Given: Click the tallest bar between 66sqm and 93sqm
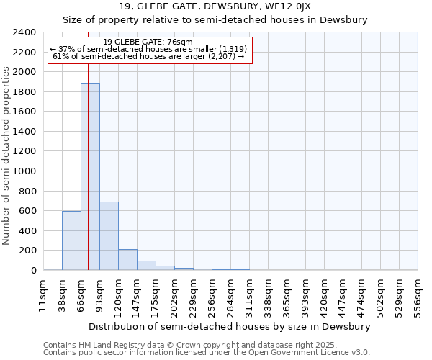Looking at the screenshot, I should pos(90,176).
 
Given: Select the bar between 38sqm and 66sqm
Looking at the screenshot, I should pos(71,240).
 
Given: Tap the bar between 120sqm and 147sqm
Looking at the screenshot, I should pos(127,260).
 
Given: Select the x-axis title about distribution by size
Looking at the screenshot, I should pos(230,326).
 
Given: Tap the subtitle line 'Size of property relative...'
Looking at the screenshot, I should pos(215,20).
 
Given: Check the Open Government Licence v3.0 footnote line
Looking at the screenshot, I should pos(207,353).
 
